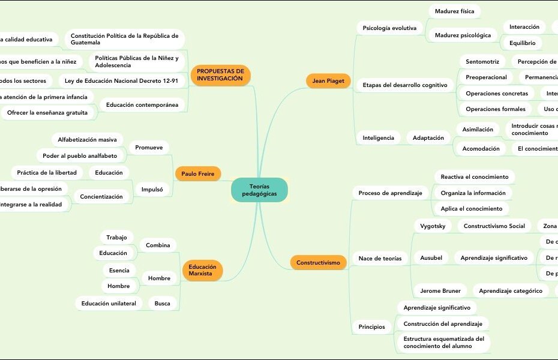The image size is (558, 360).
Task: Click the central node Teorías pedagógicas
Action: pyautogui.click(x=259, y=190)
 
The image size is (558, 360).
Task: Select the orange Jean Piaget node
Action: pyautogui.click(x=328, y=81)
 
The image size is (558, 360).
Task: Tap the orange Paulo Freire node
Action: pyautogui.click(x=197, y=174)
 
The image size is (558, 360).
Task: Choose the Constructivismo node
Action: pyautogui.click(x=318, y=262)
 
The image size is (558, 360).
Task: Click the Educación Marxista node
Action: pyautogui.click(x=202, y=270)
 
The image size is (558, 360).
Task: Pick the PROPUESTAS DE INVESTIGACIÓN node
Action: pyautogui.click(x=220, y=75)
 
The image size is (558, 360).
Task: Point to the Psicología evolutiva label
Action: pyautogui.click(x=390, y=28)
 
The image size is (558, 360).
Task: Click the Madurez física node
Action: pyautogui.click(x=454, y=11)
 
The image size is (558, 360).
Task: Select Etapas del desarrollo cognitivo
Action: pyautogui.click(x=405, y=85)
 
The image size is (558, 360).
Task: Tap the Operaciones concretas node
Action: pyautogui.click(x=497, y=94)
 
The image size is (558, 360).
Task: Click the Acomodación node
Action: pyautogui.click(x=481, y=149)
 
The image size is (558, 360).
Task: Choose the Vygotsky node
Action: pyautogui.click(x=433, y=226)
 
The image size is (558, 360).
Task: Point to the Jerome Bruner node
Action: pyautogui.click(x=440, y=291)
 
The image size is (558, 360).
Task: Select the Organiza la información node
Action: pyautogui.click(x=473, y=193)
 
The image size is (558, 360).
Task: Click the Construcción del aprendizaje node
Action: pyautogui.click(x=443, y=324)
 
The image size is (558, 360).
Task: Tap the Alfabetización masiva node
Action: pyautogui.click(x=87, y=140)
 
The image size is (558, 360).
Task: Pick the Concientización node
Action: pyautogui.click(x=101, y=197)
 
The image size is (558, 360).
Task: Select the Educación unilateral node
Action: pyautogui.click(x=109, y=304)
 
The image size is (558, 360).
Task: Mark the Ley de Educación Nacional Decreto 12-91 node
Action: pyautogui.click(x=121, y=80)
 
